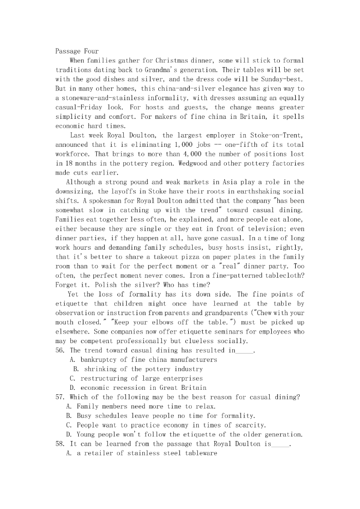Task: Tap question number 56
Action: click(61, 350)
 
